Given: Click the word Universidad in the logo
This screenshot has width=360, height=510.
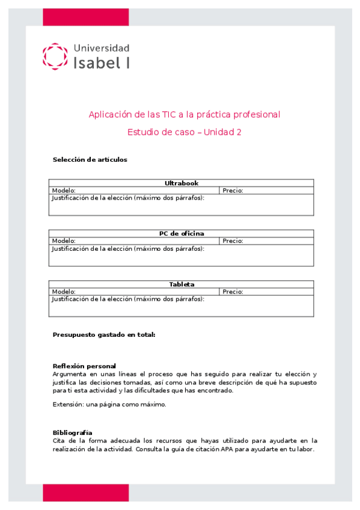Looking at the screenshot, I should click(101, 48).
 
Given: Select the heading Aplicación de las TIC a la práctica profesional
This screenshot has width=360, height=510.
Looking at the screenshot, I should click(185, 114).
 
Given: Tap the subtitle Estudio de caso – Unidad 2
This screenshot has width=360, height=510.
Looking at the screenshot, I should click(185, 132).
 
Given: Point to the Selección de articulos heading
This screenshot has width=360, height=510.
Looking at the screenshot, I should click(90, 159).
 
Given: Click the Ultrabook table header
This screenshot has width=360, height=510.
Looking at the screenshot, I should click(182, 183).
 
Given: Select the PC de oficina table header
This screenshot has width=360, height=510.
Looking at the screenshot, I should click(182, 233).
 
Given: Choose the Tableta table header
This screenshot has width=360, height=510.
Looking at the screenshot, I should click(182, 284).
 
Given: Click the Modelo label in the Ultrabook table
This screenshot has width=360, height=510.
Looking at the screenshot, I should click(64, 190).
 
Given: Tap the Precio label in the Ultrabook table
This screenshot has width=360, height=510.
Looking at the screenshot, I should click(233, 190).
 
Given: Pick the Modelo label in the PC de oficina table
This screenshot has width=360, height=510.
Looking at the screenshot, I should click(64, 241).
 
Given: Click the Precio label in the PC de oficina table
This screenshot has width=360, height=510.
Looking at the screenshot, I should click(233, 241).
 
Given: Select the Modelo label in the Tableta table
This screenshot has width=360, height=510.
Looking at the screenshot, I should click(64, 291).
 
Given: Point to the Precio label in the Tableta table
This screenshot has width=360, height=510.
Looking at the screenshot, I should click(233, 291).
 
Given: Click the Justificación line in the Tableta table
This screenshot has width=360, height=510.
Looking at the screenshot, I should click(128, 298).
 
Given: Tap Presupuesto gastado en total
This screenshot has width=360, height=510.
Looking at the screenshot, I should click(104, 334).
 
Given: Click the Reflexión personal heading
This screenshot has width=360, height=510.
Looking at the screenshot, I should click(84, 366).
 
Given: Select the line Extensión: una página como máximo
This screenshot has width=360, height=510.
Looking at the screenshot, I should click(109, 404).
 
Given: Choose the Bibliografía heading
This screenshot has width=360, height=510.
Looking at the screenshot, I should click(73, 432).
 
